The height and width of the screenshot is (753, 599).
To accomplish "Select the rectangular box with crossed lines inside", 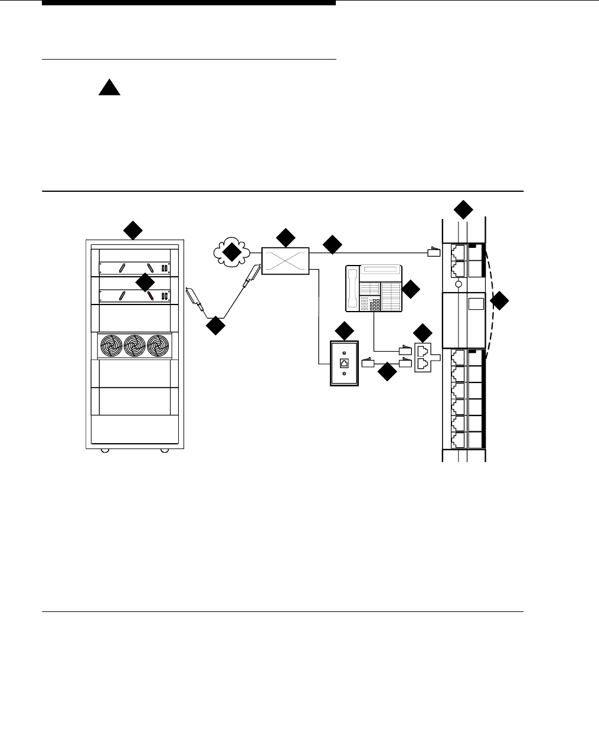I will pyautogui.click(x=286, y=261).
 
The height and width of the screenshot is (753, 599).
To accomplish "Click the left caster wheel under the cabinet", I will pyautogui.click(x=104, y=450).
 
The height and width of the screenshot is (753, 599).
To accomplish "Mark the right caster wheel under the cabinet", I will pyautogui.click(x=165, y=450).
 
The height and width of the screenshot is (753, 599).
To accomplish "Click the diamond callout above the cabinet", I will pyautogui.click(x=132, y=230).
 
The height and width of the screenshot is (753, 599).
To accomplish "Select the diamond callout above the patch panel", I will pyautogui.click(x=463, y=209).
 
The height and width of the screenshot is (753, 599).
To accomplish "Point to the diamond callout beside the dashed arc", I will pyautogui.click(x=499, y=301).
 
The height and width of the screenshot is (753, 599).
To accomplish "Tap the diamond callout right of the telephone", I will pyautogui.click(x=411, y=289).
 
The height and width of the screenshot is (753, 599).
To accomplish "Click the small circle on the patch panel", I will pyautogui.click(x=458, y=284).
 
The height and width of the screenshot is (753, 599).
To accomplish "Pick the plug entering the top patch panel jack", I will pyautogui.click(x=434, y=253).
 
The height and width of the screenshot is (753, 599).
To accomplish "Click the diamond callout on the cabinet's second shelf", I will pyautogui.click(x=144, y=283).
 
